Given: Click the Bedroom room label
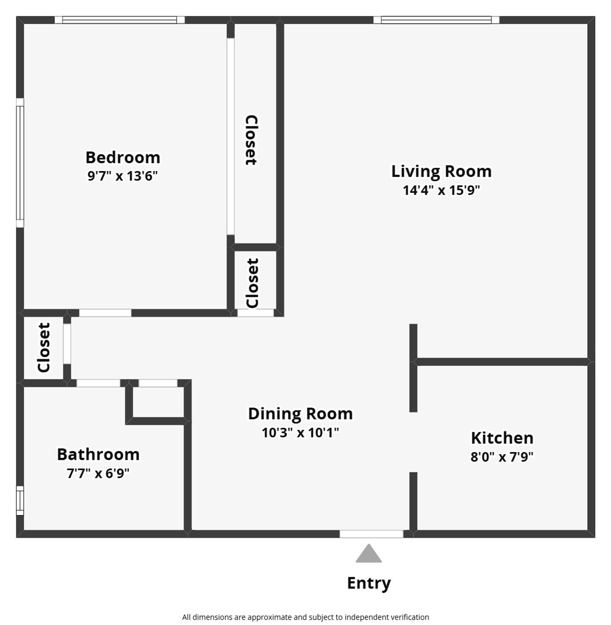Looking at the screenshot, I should tap(123, 158).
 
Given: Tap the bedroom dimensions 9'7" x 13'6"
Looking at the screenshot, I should tap(122, 176).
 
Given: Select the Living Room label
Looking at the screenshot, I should tap(441, 171).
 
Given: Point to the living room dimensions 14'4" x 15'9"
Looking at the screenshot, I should tap(441, 190).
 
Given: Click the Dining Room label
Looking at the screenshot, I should tap(300, 414).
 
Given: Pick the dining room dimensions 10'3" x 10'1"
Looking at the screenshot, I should tap(300, 433).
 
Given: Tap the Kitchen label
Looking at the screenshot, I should tap(502, 438).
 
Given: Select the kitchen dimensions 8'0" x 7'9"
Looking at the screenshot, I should tap(502, 457).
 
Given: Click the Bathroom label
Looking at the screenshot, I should tap(98, 454).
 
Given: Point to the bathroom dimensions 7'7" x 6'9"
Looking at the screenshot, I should tap(98, 473).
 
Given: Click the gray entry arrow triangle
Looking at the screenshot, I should tap(369, 554).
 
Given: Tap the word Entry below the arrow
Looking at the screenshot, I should tap(369, 583).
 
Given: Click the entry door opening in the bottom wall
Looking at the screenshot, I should tap(371, 534).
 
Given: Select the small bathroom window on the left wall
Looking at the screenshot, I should tap(20, 500).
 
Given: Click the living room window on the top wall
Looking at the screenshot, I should tap(436, 20).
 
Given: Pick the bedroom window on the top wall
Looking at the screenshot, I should tap(120, 20).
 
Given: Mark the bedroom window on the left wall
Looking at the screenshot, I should tap(20, 163).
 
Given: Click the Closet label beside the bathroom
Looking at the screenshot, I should tap(44, 347).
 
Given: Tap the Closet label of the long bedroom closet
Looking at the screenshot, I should tap(251, 140).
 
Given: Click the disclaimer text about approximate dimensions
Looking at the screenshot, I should tap(305, 617).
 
